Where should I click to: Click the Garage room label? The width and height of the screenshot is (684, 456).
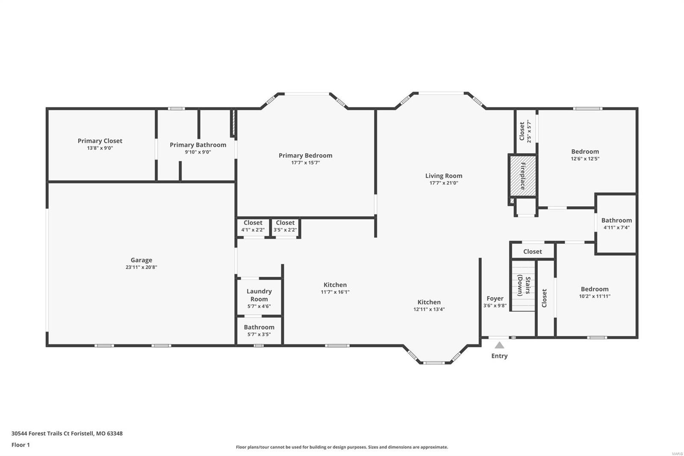point(141,260)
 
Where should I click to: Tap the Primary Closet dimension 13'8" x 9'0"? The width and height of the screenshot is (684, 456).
point(100,148)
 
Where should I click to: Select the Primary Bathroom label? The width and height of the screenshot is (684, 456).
point(198,145)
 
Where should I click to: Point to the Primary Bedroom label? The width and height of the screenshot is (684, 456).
point(305,156)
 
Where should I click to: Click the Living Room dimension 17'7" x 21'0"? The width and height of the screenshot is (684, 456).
point(444,183)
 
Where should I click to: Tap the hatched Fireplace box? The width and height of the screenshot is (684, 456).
point(522,176)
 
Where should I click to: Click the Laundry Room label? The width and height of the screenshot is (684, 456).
point(259,295)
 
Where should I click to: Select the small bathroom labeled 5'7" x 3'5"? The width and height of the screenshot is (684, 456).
point(259,330)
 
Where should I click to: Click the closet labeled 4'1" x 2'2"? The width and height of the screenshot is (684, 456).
point(253,226)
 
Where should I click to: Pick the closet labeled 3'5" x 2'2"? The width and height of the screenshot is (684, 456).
point(285,226)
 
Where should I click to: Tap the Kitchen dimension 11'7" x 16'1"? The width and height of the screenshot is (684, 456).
point(335,292)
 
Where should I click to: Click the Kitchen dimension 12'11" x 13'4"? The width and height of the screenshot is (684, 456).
point(429,309)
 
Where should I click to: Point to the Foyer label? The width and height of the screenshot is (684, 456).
point(495,299)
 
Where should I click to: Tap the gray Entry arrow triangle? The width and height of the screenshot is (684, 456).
point(499,345)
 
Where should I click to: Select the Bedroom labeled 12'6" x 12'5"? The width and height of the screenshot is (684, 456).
point(585,154)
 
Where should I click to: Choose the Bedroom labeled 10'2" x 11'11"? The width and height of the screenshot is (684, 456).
point(595,292)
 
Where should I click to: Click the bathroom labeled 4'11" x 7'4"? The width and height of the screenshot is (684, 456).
point(616,223)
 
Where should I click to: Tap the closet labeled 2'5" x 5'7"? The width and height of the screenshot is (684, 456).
point(525,131)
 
